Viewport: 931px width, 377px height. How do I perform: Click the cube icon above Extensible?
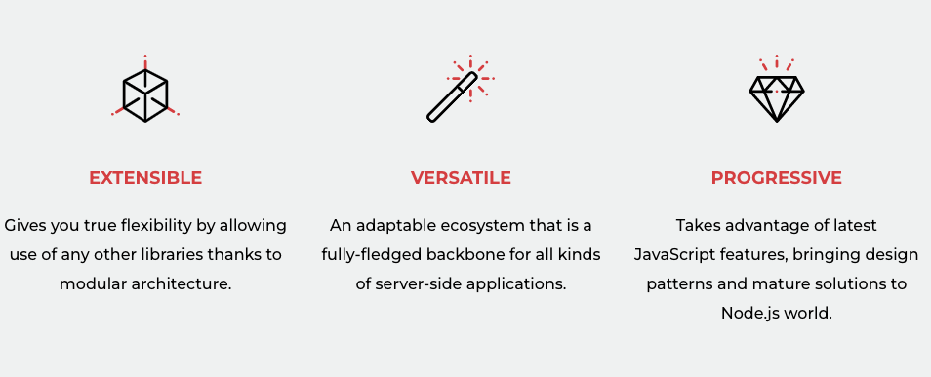coord(145,94)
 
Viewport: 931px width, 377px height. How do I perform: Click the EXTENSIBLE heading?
coord(145,178)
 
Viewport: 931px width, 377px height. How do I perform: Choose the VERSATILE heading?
coord(461,178)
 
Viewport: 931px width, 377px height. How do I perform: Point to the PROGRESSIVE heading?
coord(777,178)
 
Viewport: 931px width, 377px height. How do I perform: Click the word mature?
coord(777,284)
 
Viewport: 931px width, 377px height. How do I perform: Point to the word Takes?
coord(697,226)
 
